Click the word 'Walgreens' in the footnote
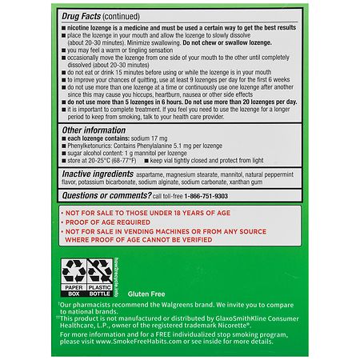coord(174,306)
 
